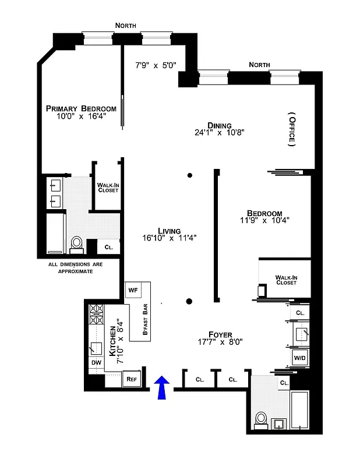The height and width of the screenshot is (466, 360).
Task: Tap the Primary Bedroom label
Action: coord(81,108)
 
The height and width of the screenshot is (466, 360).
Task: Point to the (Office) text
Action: coord(291,128)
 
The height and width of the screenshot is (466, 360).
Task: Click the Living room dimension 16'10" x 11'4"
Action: coord(170,238)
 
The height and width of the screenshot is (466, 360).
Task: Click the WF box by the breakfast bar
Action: coord(132,290)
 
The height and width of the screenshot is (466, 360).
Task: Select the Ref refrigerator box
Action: coord(132,379)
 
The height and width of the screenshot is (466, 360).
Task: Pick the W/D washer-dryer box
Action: coord(299,357)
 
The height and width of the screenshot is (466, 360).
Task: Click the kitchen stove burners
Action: coord(96,316)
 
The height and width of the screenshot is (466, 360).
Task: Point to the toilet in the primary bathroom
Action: coord(76,244)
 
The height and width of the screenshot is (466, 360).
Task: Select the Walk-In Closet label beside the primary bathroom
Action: coord(108,188)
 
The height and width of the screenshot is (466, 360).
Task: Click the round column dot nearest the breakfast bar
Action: coord(189,301)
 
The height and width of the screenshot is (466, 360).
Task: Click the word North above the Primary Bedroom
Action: coord(126,26)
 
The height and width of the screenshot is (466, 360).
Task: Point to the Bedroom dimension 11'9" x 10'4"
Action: coord(264,221)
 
